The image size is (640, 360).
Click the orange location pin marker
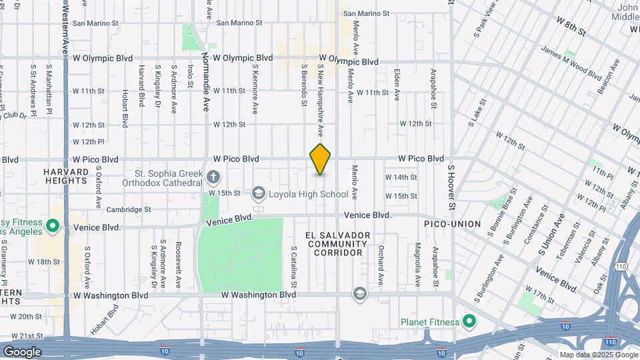320,159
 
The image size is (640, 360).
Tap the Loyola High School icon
258,194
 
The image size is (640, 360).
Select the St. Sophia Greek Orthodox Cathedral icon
213,177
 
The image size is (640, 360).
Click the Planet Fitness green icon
469,322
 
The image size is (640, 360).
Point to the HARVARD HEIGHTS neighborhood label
66,177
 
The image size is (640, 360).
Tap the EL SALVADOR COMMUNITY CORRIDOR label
337,244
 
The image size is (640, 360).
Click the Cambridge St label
129,209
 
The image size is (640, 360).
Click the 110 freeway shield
611,342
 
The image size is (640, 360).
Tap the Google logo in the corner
23,351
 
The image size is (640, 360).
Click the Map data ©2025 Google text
598,355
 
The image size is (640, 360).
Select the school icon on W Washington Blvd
360,294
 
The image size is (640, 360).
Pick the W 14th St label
401,177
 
